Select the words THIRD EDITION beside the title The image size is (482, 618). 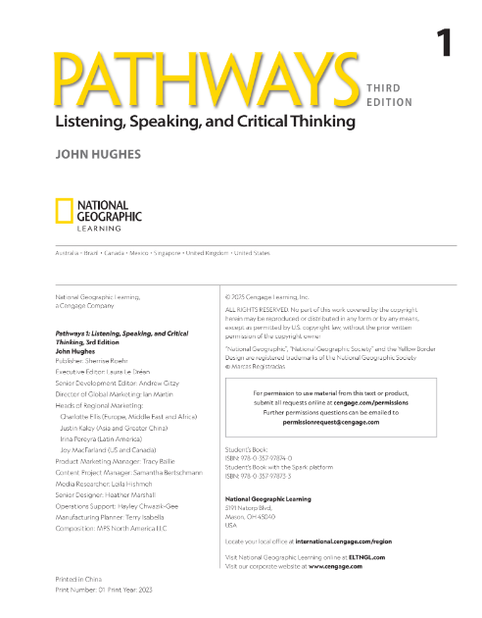389,93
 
